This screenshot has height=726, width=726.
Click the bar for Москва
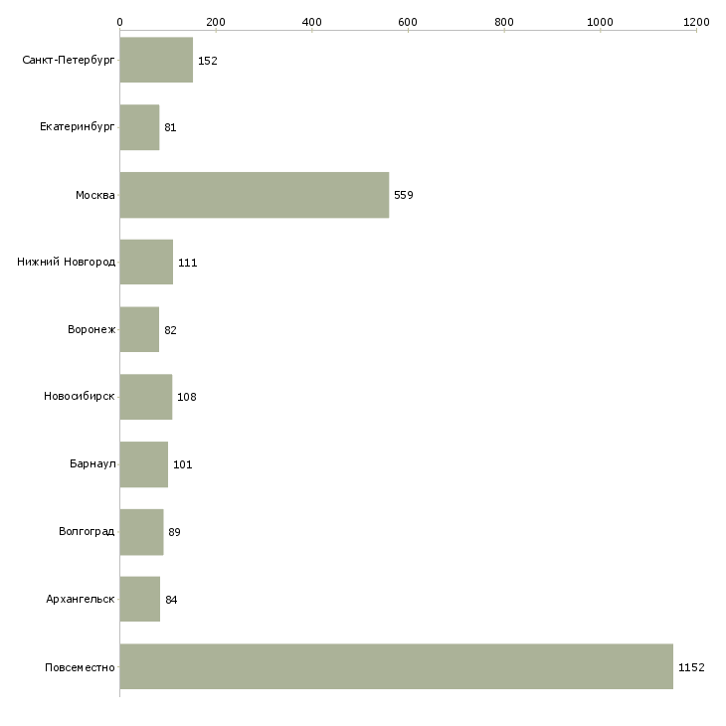click(254, 195)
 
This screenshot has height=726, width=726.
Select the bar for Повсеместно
click(396, 666)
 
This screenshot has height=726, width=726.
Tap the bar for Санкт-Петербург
click(156, 61)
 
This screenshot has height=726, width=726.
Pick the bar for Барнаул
click(143, 464)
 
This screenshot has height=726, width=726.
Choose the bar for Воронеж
click(139, 330)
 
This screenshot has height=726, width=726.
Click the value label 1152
click(691, 667)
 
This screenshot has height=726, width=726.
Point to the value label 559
click(403, 195)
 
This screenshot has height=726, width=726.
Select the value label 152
click(207, 61)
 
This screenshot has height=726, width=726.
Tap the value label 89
click(174, 532)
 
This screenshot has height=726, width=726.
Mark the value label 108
click(187, 397)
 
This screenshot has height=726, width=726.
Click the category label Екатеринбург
click(78, 127)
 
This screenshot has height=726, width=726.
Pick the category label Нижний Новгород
click(66, 263)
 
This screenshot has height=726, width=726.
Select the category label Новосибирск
click(80, 397)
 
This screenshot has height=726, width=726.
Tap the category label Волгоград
click(87, 532)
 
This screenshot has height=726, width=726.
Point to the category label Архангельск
click(81, 600)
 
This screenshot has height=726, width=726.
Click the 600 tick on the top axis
click(408, 21)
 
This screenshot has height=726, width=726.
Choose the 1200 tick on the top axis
click(696, 21)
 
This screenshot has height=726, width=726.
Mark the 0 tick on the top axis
click(119, 21)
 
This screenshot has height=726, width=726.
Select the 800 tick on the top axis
click(504, 21)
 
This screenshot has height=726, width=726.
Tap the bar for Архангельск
click(139, 600)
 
